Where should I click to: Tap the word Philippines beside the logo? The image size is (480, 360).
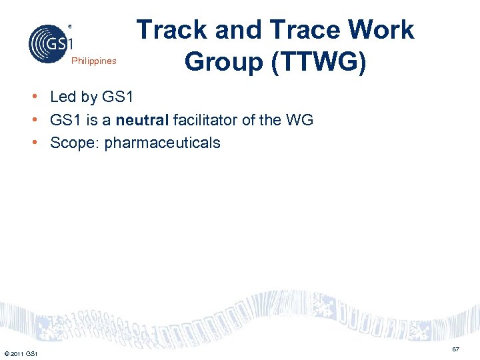point(93,61)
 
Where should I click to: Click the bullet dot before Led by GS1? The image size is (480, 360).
point(32,97)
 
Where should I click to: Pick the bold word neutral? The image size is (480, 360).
point(142,120)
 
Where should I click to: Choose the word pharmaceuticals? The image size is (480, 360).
point(161,143)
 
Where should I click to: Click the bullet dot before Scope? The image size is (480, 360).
point(32,142)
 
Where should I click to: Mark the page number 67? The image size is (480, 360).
point(455,350)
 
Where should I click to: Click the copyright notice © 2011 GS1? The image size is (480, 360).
point(21,353)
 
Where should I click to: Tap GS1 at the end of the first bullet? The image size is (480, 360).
point(118,97)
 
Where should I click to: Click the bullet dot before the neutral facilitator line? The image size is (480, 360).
point(32,119)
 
